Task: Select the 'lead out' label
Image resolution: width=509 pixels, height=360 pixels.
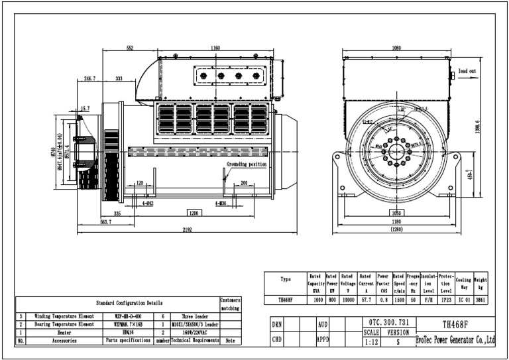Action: coord(467,70)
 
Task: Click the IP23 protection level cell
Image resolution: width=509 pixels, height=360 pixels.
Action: coord(447,300)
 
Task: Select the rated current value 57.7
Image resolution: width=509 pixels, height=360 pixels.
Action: coord(365,300)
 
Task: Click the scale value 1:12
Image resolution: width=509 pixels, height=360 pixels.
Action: coord(372,342)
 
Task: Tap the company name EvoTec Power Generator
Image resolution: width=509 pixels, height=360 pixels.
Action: coord(455,340)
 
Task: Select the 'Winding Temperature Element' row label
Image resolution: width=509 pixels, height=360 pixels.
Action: coord(64,316)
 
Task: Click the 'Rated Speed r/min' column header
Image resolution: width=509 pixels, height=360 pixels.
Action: coord(399,284)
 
